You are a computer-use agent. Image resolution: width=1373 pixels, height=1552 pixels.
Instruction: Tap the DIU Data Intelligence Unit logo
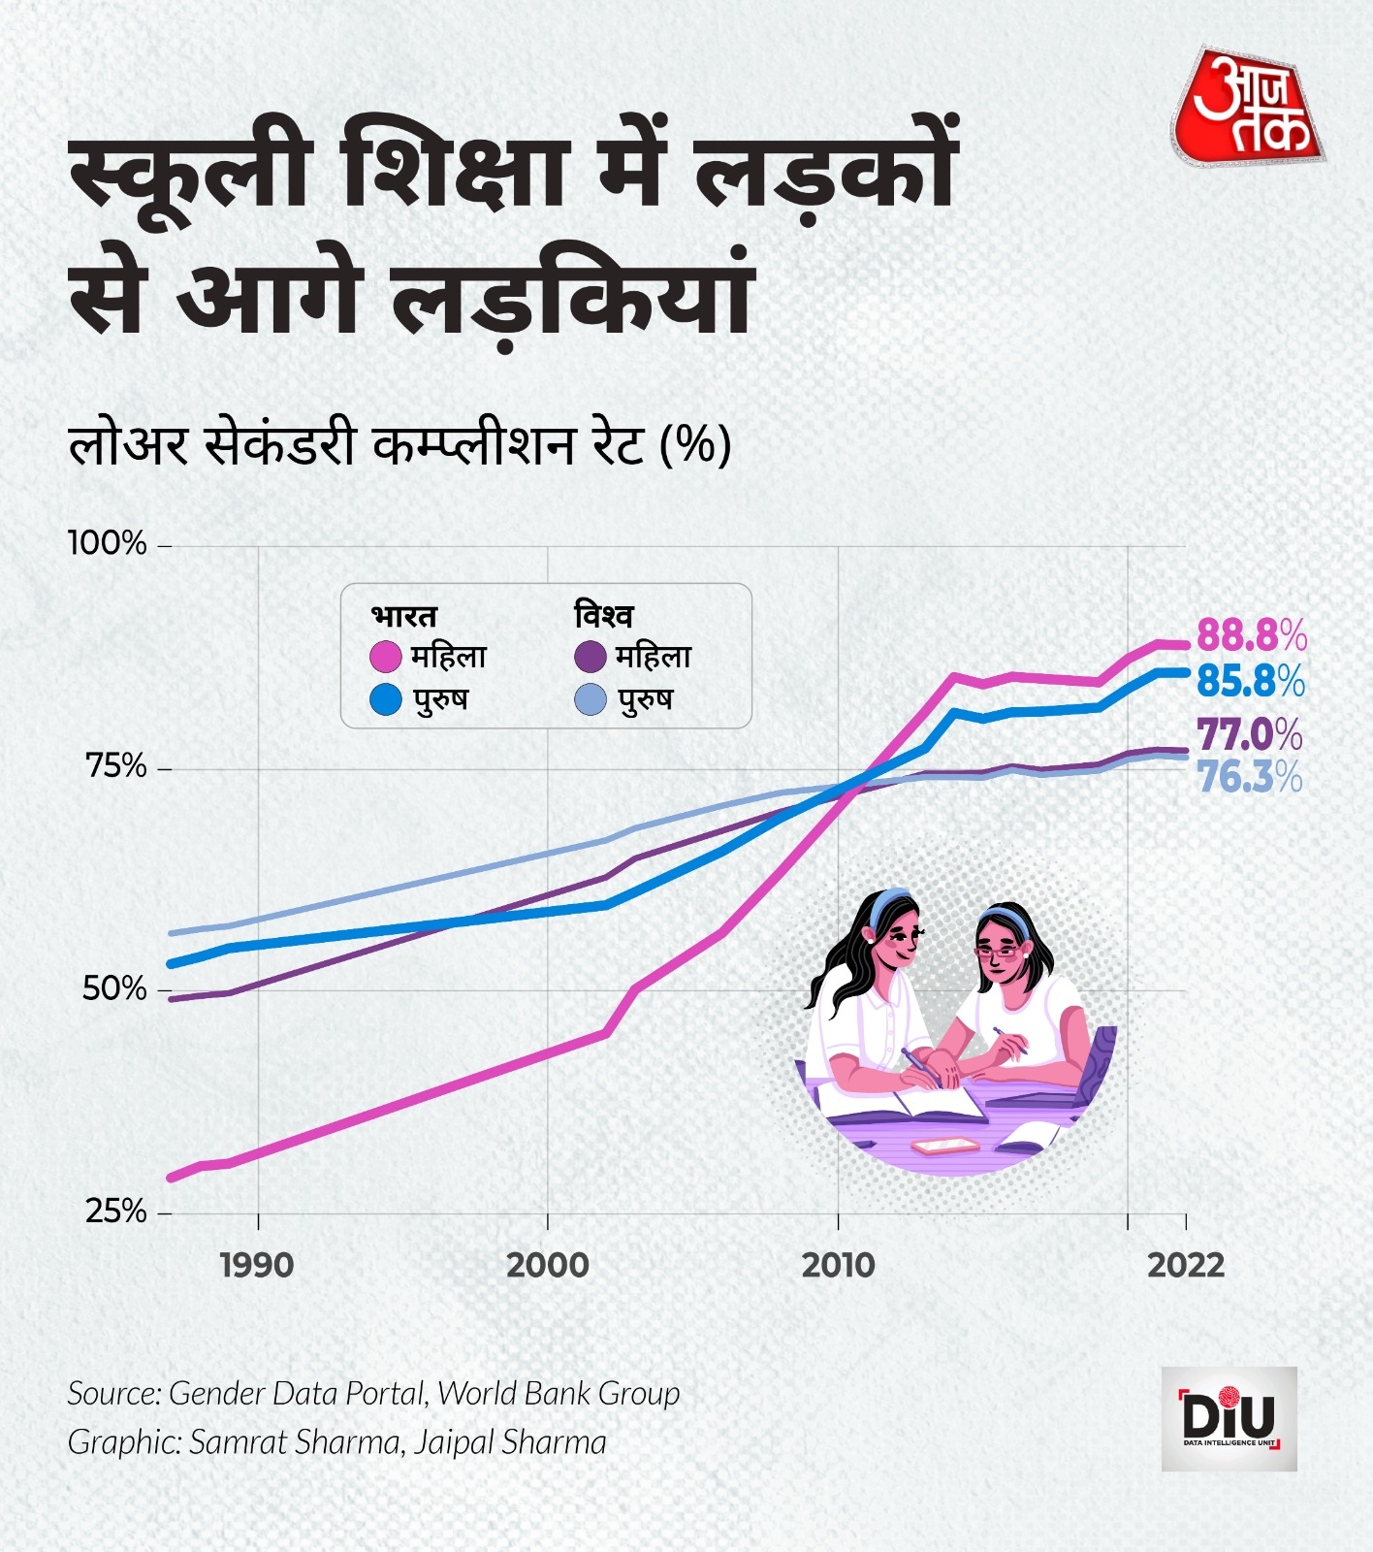point(1229,1418)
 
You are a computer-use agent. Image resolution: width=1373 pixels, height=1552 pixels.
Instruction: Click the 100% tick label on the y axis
point(108,543)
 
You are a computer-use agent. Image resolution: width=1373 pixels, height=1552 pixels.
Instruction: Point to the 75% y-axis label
point(115,766)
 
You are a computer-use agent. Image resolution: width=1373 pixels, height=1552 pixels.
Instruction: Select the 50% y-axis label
point(114,988)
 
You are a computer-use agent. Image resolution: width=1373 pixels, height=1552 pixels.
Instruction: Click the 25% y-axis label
point(115,1211)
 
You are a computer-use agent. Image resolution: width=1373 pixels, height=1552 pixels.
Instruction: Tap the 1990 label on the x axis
point(257,1265)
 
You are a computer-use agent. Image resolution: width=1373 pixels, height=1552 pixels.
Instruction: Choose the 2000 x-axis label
point(547,1265)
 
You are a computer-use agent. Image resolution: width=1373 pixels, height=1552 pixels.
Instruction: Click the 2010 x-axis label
point(838,1265)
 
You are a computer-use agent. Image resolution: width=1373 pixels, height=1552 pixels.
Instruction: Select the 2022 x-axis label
point(1186,1265)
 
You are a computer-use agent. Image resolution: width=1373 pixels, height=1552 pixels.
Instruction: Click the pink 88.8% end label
point(1252,636)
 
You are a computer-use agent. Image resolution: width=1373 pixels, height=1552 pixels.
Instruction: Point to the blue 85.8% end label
point(1251,681)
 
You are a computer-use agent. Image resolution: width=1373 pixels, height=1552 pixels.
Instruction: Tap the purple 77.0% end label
point(1250,735)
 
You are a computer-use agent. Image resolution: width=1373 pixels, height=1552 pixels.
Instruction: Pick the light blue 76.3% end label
point(1250,777)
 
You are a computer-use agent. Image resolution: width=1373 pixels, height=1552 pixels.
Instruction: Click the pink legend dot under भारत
point(386,657)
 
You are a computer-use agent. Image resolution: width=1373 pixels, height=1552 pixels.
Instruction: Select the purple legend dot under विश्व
point(591,657)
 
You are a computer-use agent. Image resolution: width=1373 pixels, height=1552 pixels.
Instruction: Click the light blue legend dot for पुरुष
point(591,699)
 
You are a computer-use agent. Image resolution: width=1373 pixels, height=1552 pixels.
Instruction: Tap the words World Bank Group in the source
point(559,1394)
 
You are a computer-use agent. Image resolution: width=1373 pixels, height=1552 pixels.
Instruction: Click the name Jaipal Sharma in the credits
point(510,1442)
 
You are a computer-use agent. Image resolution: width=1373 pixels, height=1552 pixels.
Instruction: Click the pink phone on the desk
point(944,1146)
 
